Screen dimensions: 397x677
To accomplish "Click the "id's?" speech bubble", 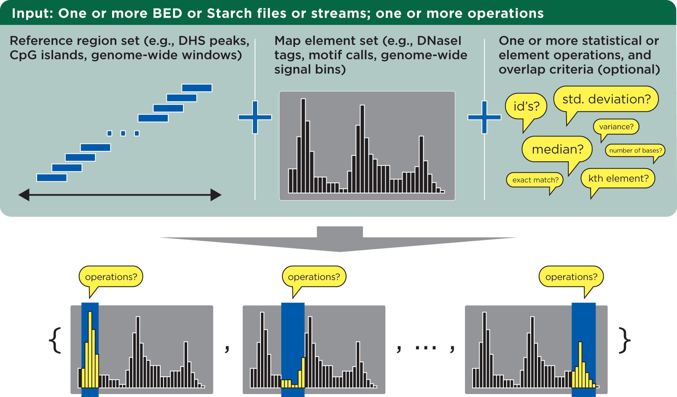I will tap(526, 106).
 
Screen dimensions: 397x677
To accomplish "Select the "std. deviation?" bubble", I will tap(606, 99).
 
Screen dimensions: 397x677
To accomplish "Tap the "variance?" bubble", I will tap(616, 127).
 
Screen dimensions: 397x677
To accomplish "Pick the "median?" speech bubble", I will tap(557, 150).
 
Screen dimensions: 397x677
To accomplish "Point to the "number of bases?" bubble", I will tap(635, 150).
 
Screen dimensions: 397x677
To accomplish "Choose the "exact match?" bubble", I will tap(535, 180).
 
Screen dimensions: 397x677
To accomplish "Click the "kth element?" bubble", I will tap(618, 178).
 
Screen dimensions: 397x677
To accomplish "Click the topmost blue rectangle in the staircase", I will tap(197, 88).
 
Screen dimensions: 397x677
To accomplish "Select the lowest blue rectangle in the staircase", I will tap(52, 178).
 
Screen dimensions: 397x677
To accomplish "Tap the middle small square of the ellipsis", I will tap(123, 133).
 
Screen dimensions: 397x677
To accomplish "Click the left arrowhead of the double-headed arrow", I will tap(24, 195).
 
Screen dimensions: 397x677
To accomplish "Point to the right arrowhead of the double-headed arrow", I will tap(216, 195).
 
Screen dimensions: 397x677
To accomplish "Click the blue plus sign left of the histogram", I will tap(255, 117).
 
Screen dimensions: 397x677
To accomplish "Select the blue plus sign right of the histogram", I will tap(484, 117).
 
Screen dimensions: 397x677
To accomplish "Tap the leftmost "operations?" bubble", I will tap(111, 277).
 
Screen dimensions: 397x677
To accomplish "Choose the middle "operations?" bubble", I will tap(314, 277).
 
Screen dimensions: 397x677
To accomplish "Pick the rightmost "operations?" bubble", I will tap(571, 277).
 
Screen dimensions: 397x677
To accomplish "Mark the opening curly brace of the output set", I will tap(56, 340).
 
